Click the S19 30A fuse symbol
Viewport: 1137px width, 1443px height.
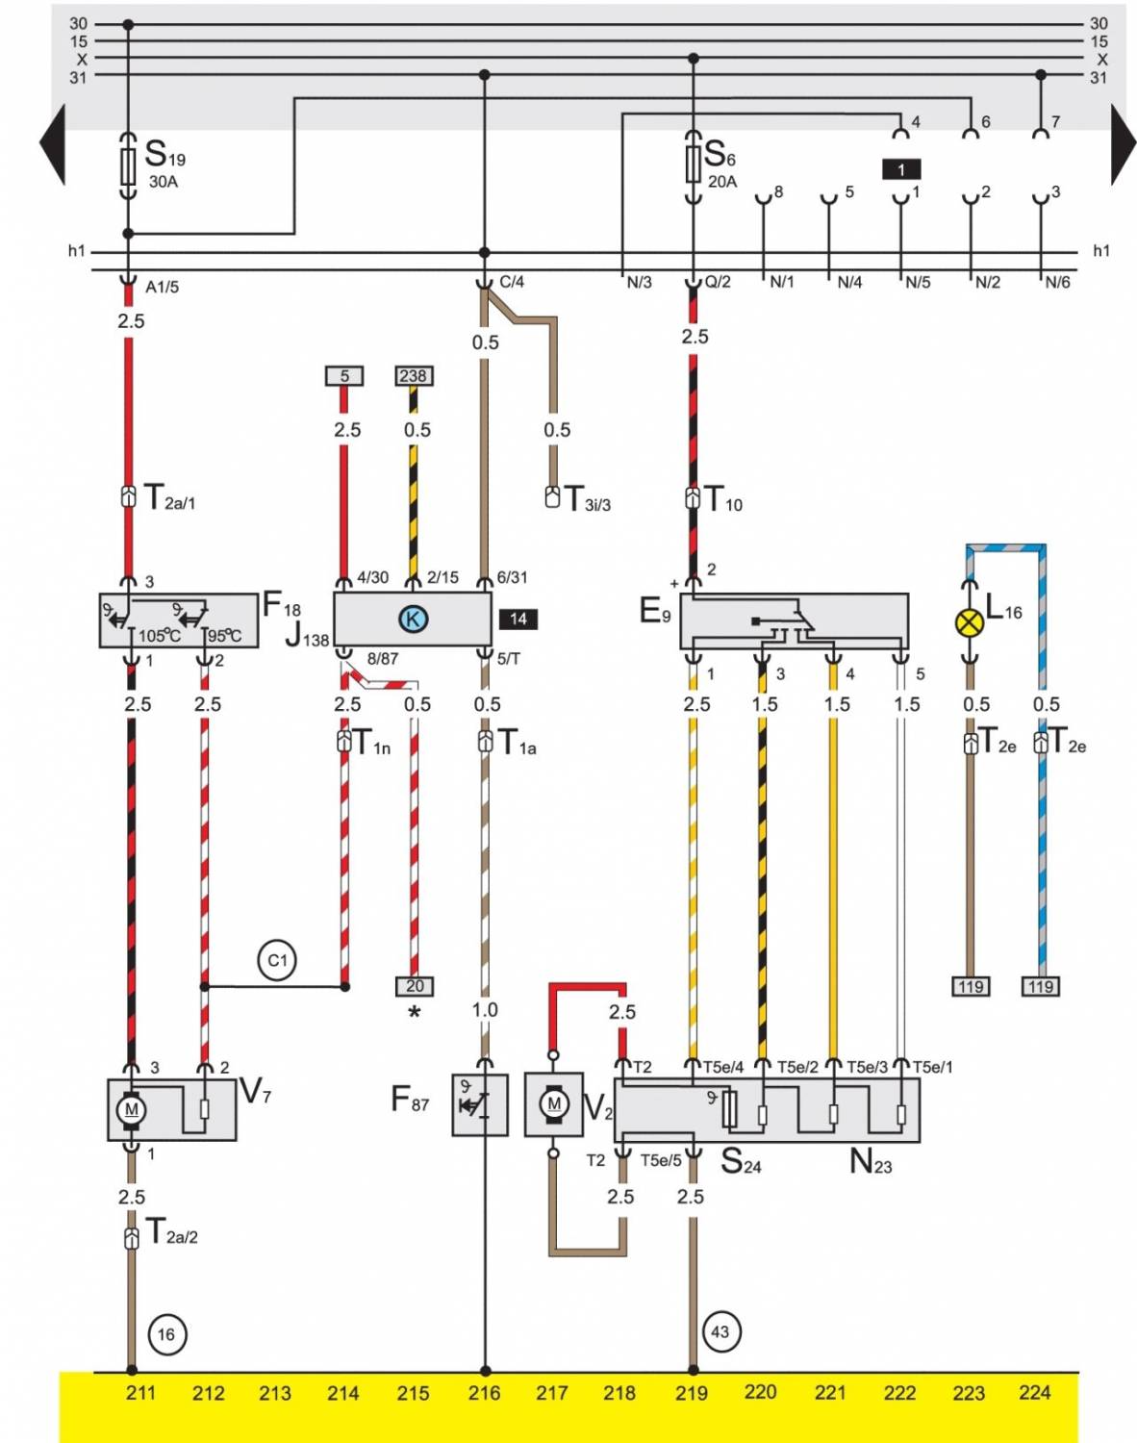pyautogui.click(x=128, y=166)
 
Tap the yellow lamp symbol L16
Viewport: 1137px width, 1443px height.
pyautogui.click(x=970, y=622)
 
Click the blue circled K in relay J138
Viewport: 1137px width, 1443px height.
pyautogui.click(x=413, y=619)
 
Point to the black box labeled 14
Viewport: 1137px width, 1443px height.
pyautogui.click(x=518, y=619)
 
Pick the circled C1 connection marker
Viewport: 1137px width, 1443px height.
pyautogui.click(x=277, y=960)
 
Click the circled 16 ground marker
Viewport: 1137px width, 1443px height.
pyautogui.click(x=166, y=1334)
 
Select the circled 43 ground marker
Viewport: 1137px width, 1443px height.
pyautogui.click(x=720, y=1332)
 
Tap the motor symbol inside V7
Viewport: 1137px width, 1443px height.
pyautogui.click(x=132, y=1109)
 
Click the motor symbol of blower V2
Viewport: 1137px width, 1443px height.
pyautogui.click(x=553, y=1103)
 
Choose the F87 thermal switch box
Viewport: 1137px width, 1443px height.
pyautogui.click(x=479, y=1104)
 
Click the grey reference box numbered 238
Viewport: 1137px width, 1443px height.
pyautogui.click(x=414, y=376)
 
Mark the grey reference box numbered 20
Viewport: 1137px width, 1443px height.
pyautogui.click(x=415, y=986)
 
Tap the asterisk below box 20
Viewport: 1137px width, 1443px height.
pyautogui.click(x=415, y=1013)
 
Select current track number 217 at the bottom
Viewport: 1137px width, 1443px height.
pyautogui.click(x=552, y=1393)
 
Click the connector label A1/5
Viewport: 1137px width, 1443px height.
pyautogui.click(x=163, y=287)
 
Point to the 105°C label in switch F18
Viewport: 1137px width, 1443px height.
pyautogui.click(x=159, y=636)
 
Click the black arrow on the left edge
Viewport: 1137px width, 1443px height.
pyautogui.click(x=53, y=144)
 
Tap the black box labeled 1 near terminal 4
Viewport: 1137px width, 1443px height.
pyautogui.click(x=901, y=169)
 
